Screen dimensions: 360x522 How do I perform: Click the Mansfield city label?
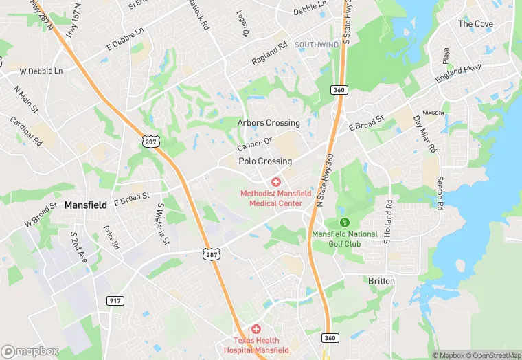(x=87, y=205)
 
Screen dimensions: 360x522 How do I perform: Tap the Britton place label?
(x=382, y=281)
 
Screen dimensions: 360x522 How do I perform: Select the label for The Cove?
(x=475, y=24)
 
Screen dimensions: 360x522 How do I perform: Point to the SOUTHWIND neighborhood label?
(x=317, y=45)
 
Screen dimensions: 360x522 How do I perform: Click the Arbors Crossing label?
(x=269, y=123)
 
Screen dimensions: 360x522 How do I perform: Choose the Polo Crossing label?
(x=265, y=161)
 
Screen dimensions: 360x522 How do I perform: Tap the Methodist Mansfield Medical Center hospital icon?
(x=275, y=182)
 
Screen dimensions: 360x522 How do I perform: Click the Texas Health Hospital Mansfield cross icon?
(x=256, y=330)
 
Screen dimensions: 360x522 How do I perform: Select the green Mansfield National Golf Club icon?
(x=345, y=222)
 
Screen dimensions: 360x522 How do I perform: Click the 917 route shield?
(x=115, y=300)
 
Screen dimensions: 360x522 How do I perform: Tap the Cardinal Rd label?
(x=26, y=131)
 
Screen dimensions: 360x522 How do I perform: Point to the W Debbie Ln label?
(x=41, y=71)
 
